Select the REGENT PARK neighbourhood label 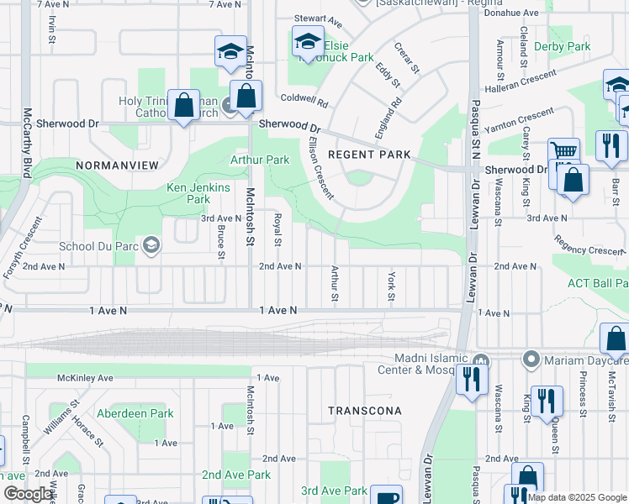coord(369,155)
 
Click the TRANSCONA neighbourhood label coord(365,411)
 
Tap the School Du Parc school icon coord(151,246)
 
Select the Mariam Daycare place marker coord(531,360)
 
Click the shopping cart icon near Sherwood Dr coord(564,152)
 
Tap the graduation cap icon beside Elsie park coord(308,41)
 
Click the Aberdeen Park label coord(135,413)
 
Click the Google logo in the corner coord(29,493)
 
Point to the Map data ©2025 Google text coord(576,497)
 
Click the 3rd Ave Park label coord(334,491)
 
